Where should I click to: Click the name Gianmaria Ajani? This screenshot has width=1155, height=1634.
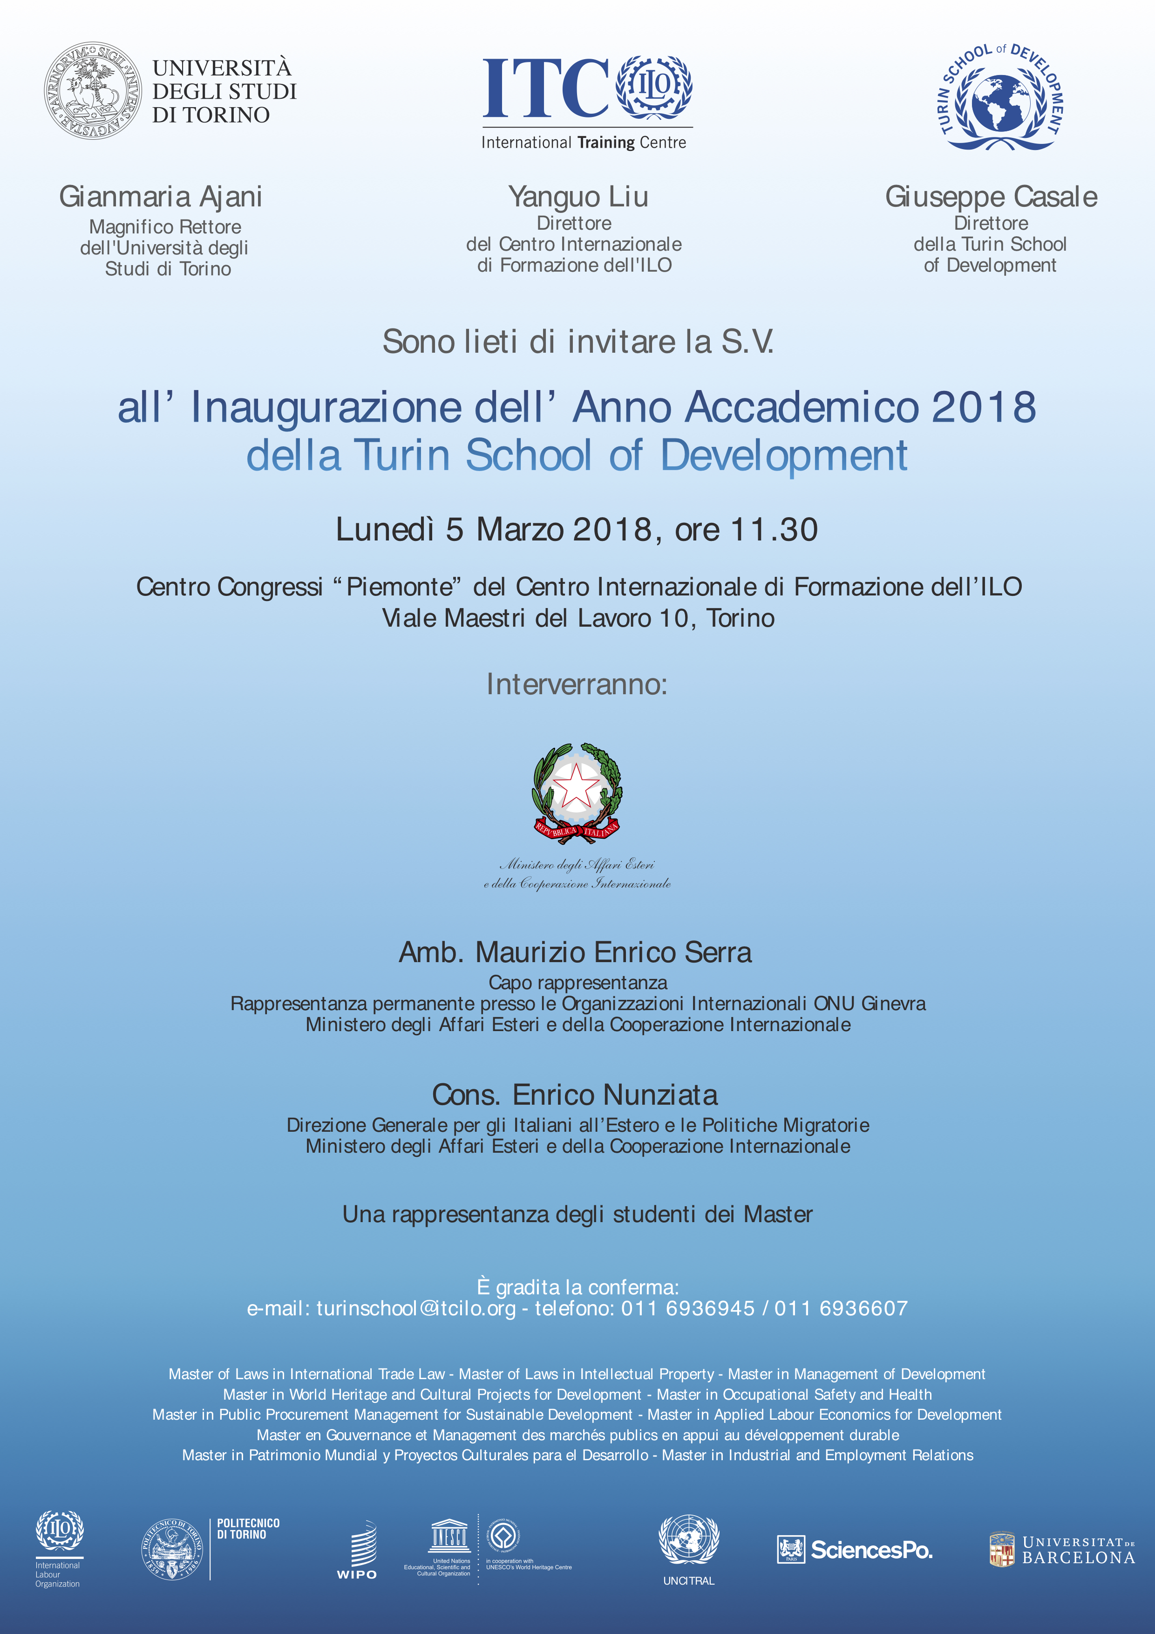tap(161, 197)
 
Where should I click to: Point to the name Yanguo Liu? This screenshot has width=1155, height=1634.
tap(577, 197)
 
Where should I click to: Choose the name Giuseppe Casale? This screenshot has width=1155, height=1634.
tap(991, 197)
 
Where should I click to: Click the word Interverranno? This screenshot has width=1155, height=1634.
tap(577, 684)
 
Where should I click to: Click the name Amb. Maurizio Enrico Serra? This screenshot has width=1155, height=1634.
tap(575, 952)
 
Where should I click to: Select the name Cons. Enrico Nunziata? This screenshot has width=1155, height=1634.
tap(575, 1094)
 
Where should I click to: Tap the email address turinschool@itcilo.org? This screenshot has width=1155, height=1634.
tap(416, 1308)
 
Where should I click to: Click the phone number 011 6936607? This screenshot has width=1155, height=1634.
tap(841, 1308)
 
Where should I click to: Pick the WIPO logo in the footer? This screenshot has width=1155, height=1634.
tap(358, 1552)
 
